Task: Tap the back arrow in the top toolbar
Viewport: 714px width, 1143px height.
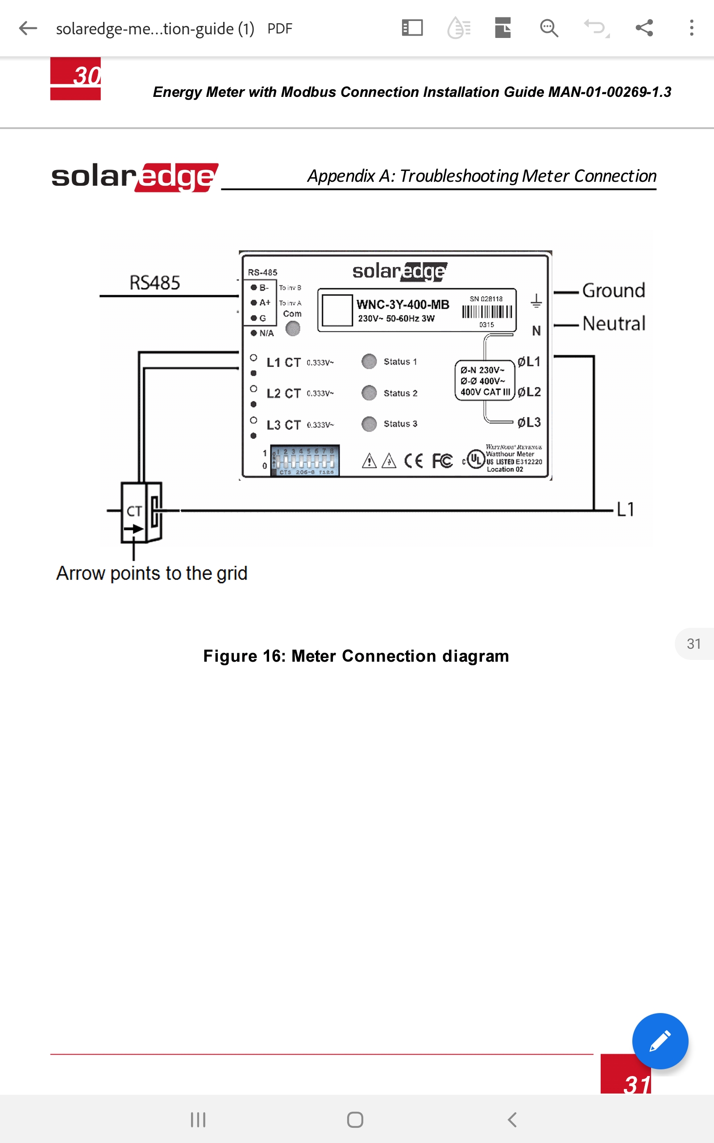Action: tap(28, 28)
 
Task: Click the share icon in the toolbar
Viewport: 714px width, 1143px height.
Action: tap(644, 28)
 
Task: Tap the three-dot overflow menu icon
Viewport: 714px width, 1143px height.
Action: tap(691, 28)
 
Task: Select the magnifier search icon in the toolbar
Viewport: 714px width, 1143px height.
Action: tap(549, 28)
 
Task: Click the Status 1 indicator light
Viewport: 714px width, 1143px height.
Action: tap(369, 361)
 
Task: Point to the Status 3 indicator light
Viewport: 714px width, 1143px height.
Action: tap(369, 424)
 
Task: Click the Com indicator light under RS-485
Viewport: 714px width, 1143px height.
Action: tap(293, 328)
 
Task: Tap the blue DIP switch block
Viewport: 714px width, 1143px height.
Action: tap(305, 460)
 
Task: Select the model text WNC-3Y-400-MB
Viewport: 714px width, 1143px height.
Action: tap(403, 305)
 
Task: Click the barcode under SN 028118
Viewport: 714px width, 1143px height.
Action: tap(487, 312)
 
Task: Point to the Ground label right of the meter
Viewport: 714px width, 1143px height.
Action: tap(614, 291)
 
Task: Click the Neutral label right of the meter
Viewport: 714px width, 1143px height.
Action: tap(614, 324)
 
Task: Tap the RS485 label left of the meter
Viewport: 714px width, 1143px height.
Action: tap(155, 283)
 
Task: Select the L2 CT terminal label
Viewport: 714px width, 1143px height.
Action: tap(283, 393)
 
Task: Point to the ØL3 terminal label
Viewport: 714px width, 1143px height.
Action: tap(529, 422)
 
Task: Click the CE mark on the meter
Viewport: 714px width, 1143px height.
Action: tap(414, 460)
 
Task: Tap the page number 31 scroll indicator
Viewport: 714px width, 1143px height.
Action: tap(693, 644)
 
